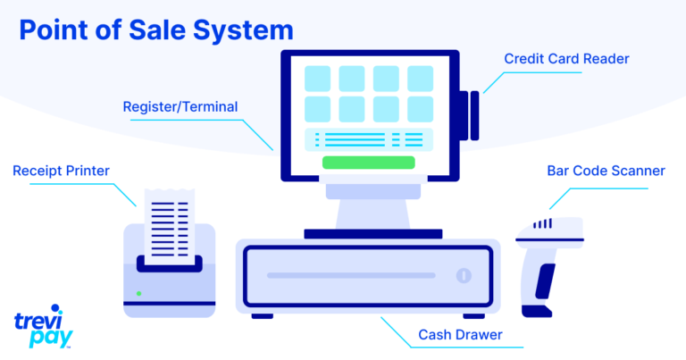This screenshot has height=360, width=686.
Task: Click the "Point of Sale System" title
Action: click(156, 29)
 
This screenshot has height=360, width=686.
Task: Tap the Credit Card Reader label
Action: click(566, 59)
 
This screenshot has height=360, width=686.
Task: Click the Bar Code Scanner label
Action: click(606, 170)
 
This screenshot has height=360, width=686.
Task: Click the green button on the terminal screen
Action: click(368, 163)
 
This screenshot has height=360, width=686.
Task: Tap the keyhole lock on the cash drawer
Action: click(463, 275)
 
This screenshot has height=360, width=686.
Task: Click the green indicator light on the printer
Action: click(138, 293)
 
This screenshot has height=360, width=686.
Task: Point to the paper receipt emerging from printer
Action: click(170, 223)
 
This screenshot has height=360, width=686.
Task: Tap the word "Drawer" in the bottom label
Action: click(481, 336)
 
